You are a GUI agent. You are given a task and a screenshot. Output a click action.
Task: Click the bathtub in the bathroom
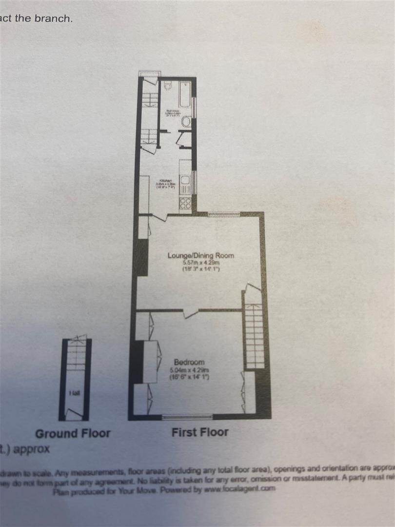[x=185, y=94]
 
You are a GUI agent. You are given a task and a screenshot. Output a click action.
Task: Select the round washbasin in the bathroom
[x=186, y=123]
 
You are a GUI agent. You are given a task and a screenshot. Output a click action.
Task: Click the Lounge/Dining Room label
[x=200, y=255]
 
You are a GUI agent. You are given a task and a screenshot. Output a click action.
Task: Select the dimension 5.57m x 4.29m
[x=200, y=263]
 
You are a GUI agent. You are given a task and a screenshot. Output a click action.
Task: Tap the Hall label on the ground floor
[x=74, y=393]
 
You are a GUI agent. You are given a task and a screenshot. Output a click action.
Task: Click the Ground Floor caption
[x=73, y=433]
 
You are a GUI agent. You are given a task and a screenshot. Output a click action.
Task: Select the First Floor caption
[x=199, y=432]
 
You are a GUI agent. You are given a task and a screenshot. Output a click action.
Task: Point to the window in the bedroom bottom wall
[x=187, y=416]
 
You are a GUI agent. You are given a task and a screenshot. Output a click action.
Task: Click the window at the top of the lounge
[x=224, y=214]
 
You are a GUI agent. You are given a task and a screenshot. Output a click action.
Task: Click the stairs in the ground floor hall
[x=75, y=356]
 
